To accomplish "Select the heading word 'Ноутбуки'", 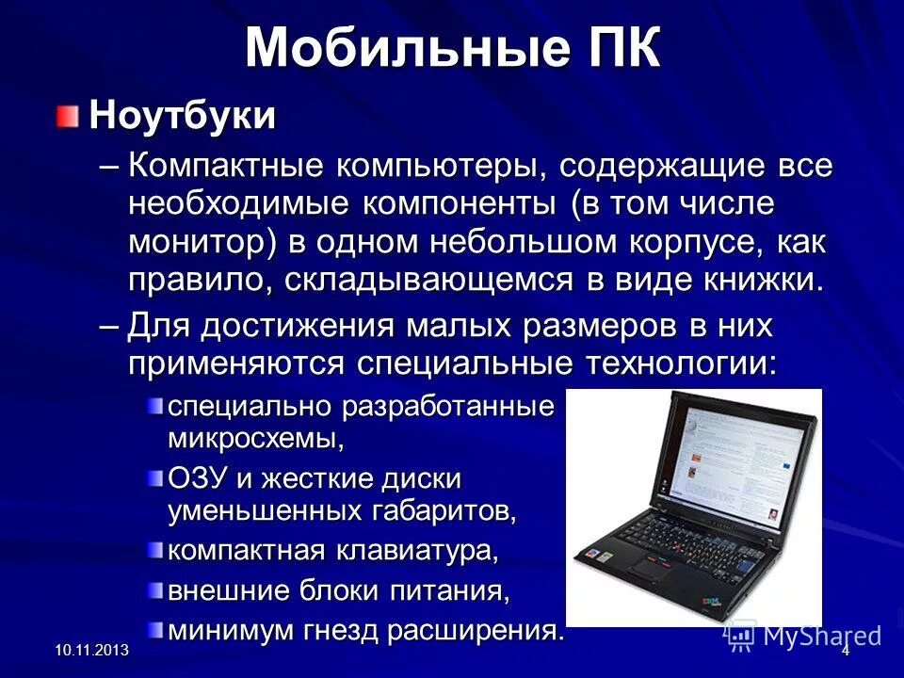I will [x=183, y=117].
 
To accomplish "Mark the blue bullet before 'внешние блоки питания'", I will [x=154, y=589].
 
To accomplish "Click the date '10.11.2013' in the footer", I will [x=91, y=652].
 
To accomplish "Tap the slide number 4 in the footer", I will [x=846, y=652].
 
